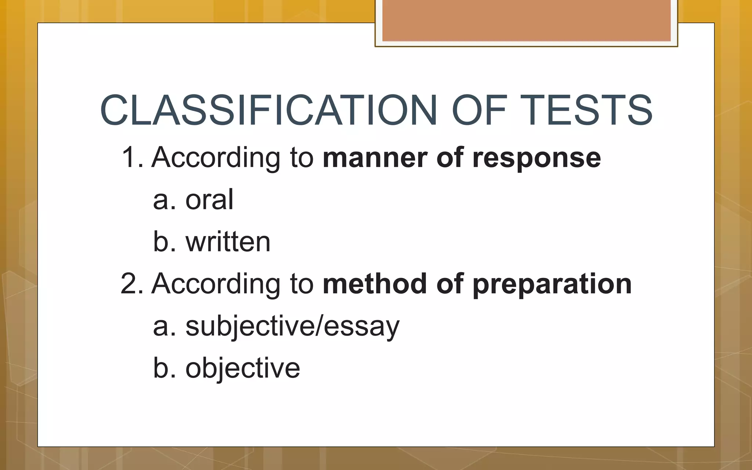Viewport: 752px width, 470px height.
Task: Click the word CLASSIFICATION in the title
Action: pyautogui.click(x=268, y=110)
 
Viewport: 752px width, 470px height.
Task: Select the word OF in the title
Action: pyautogui.click(x=479, y=110)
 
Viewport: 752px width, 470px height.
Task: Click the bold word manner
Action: pyautogui.click(x=375, y=158)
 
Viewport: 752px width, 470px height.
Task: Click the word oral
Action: pyautogui.click(x=209, y=200)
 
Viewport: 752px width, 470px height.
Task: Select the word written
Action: pyautogui.click(x=228, y=242)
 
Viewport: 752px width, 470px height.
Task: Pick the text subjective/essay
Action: pyautogui.click(x=292, y=326)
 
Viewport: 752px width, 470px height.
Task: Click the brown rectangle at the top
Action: pyautogui.click(x=526, y=21)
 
